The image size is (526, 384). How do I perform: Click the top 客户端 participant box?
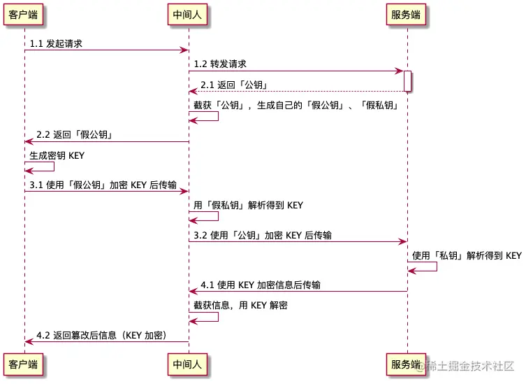click(x=24, y=15)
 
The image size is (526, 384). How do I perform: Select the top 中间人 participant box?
click(x=188, y=15)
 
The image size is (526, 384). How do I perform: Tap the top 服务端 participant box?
click(x=407, y=15)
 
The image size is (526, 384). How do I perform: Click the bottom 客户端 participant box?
click(x=24, y=364)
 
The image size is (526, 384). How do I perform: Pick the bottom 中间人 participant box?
click(x=188, y=364)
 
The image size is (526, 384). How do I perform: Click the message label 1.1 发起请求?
click(x=56, y=43)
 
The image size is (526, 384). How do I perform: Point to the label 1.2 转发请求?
click(x=220, y=64)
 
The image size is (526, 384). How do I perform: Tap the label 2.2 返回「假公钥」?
click(x=75, y=135)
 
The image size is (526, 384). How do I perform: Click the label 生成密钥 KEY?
click(x=57, y=155)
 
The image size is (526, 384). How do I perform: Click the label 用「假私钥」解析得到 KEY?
click(x=248, y=206)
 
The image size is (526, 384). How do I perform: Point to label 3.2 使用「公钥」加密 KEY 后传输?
click(x=262, y=236)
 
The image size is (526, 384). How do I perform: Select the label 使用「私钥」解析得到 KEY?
click(x=467, y=256)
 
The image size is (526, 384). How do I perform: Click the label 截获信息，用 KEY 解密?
click(x=240, y=306)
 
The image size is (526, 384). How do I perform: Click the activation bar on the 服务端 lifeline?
click(x=407, y=80)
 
